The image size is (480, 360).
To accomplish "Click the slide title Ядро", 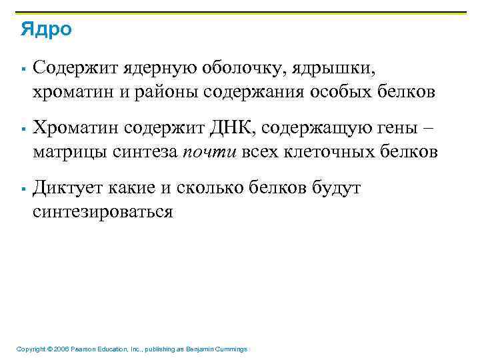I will click(x=46, y=29).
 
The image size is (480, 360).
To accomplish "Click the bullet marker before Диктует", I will click(x=23, y=189).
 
